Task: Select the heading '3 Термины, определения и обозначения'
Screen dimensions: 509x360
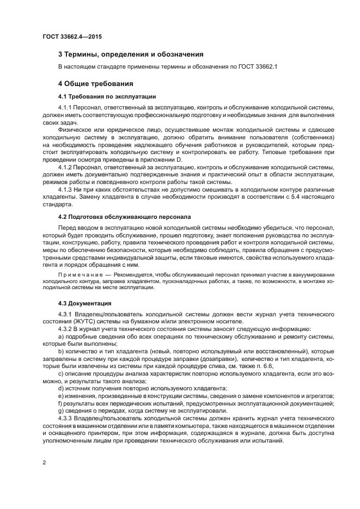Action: [131, 54]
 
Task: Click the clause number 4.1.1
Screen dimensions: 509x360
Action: [65, 108]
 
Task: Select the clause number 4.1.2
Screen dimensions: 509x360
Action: [65, 168]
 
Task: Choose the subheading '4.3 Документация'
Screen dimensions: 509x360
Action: [84, 303]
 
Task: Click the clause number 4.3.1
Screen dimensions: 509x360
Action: [65, 315]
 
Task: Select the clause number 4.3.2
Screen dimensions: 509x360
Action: [65, 329]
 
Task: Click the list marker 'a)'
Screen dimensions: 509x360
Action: [60, 336]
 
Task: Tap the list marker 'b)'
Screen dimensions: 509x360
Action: [60, 352]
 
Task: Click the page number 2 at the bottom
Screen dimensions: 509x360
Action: [44, 463]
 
